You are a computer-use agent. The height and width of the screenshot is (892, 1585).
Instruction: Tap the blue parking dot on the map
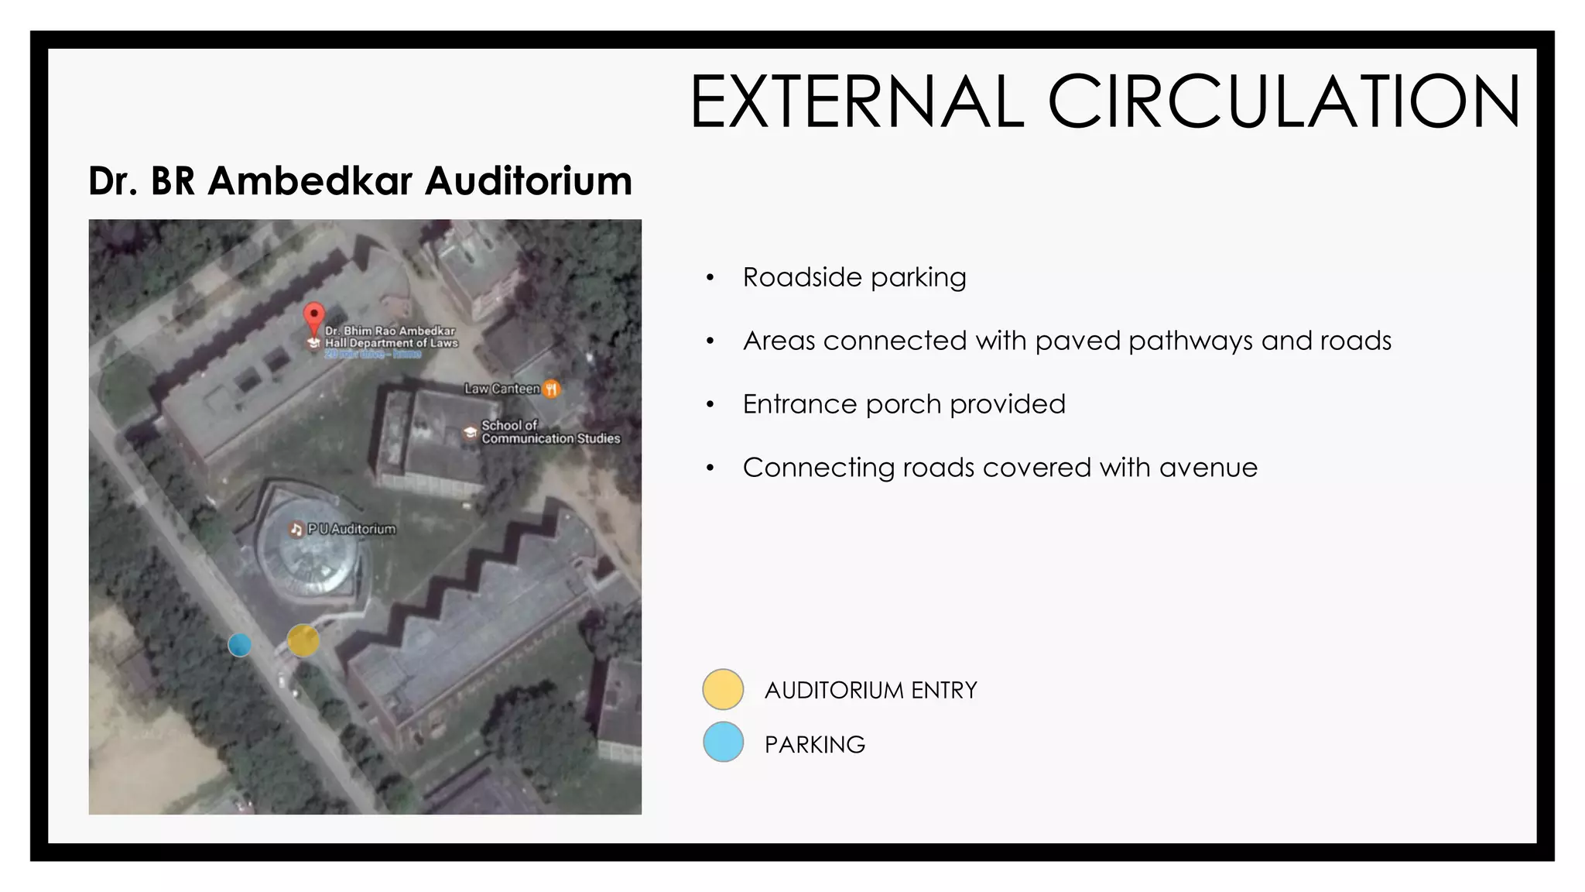coord(240,644)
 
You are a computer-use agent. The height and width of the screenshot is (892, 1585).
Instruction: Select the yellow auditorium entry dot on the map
coord(303,640)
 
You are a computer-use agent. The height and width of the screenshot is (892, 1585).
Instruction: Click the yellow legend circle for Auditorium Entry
coord(723,689)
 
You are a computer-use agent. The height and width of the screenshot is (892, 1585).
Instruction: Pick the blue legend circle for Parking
coord(723,742)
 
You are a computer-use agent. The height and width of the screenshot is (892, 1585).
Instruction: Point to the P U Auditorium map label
coord(351,529)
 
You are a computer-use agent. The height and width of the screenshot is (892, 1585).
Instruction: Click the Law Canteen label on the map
coord(502,389)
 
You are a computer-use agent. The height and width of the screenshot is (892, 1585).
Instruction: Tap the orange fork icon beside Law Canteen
coord(551,389)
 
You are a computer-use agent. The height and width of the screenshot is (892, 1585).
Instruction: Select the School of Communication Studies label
coord(549,432)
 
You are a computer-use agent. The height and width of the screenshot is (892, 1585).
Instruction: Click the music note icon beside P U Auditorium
coord(296,530)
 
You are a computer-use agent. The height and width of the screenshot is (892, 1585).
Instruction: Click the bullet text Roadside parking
coord(854,277)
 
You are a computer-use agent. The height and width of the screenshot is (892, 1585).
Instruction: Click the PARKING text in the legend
coord(815,744)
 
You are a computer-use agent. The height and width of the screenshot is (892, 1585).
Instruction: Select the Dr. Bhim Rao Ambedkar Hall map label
coord(391,337)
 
